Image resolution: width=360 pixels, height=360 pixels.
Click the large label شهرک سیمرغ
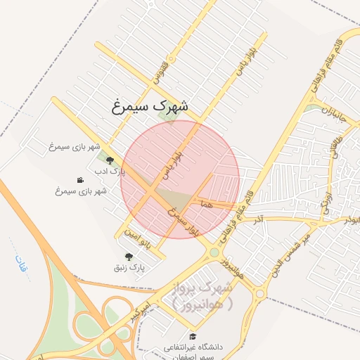point(150,107)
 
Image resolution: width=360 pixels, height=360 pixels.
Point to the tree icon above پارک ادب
point(109,160)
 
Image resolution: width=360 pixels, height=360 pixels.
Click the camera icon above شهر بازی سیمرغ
point(80,180)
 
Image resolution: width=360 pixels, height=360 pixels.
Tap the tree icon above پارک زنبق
point(128,257)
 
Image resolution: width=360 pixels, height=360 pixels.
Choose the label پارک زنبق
point(129,267)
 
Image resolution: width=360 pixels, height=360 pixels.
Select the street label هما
point(205,202)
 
